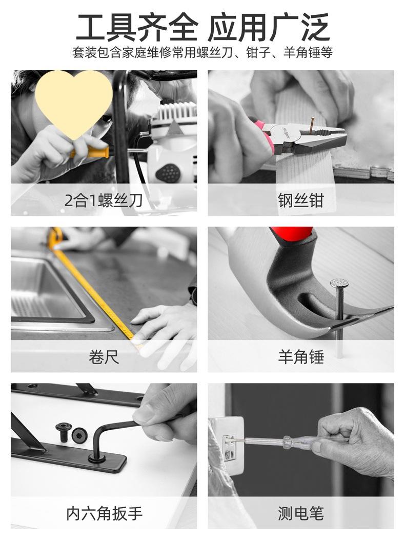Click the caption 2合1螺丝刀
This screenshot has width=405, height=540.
point(104,200)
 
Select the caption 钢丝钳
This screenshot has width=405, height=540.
point(301,200)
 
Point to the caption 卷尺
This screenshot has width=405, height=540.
point(104,356)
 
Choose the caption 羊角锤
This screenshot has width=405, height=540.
point(301,356)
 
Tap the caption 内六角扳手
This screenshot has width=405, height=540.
point(104,513)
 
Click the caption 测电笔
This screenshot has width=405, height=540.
point(301,513)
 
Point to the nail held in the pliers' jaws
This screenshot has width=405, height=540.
point(311,125)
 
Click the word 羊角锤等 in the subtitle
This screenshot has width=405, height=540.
point(308,53)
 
